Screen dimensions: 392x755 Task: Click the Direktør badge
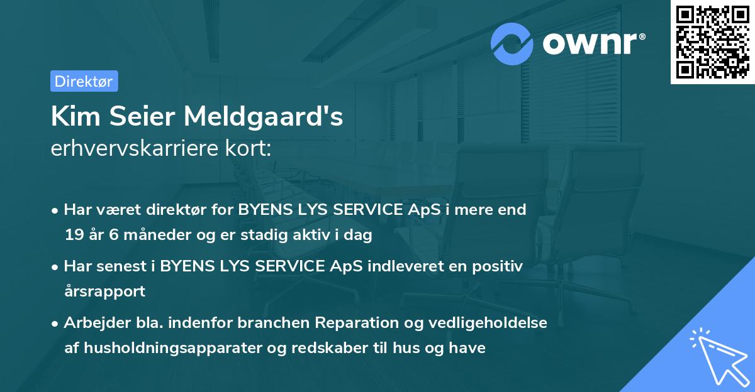[84, 81]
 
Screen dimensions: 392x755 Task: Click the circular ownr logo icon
[512, 43]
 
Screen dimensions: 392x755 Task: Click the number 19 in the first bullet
[73, 236]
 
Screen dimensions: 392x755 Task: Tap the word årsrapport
[104, 291]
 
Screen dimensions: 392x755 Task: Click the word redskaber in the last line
[332, 347]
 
